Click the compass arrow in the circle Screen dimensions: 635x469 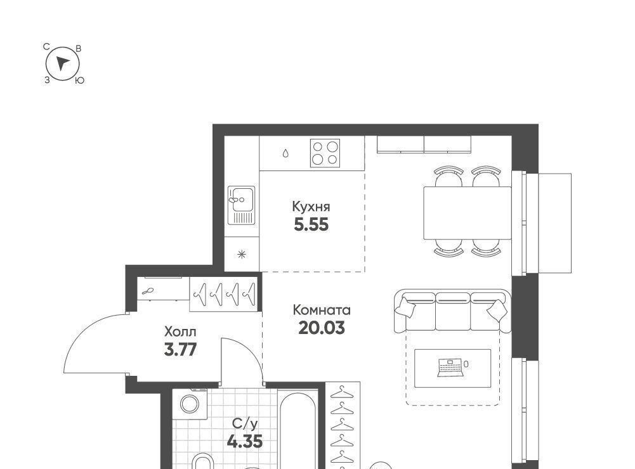coord(62,63)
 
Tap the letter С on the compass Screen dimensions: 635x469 coord(46,47)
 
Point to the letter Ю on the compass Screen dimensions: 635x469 coord(80,80)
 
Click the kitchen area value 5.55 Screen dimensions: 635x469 coord(311,224)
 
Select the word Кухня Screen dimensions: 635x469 coord(311,207)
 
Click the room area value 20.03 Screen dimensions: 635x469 coord(322,328)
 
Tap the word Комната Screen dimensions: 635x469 coord(322,311)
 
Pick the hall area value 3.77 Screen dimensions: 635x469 coord(180,349)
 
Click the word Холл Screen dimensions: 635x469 coord(180,332)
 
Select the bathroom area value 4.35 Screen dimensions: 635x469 coord(245,441)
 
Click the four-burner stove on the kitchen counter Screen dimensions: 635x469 coord(325,153)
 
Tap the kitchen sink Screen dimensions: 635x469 coord(241,205)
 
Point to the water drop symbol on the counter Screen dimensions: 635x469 coord(285,153)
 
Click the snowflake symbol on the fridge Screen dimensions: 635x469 coord(242,254)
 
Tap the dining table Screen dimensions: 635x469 coord(468,213)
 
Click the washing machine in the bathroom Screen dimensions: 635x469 coord(190,404)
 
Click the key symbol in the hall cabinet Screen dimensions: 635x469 coord(148,291)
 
